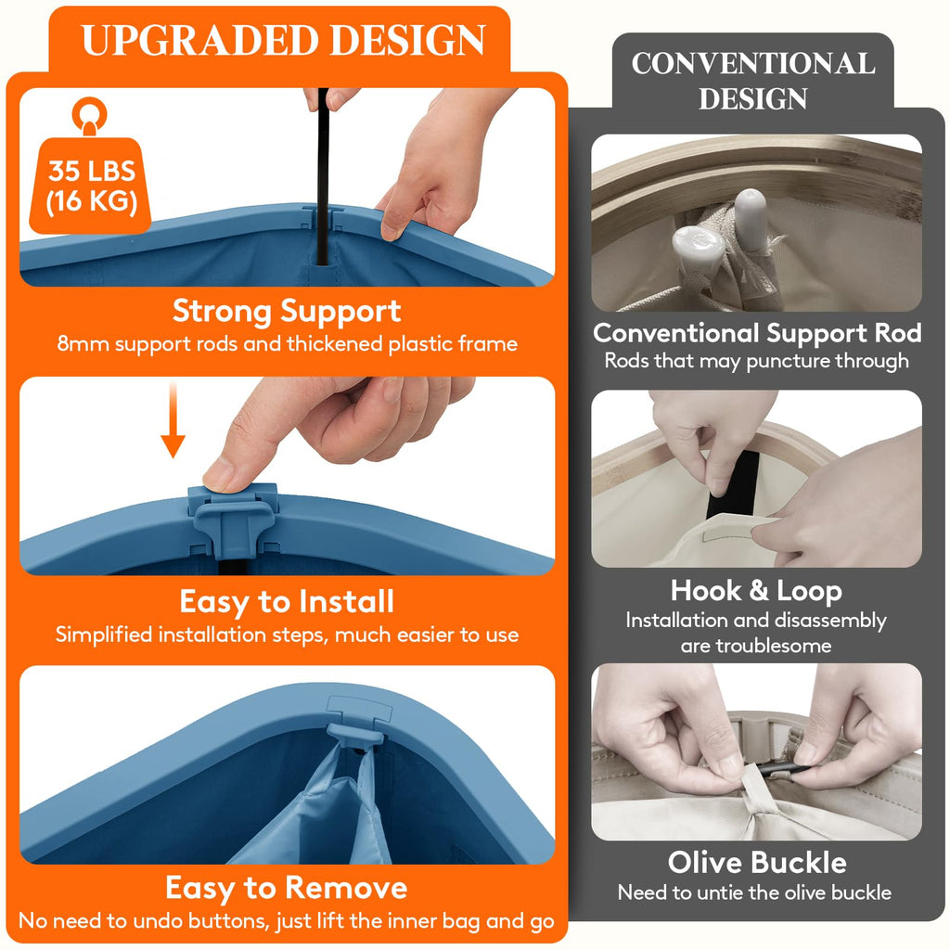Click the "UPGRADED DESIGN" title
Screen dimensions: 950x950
click(x=284, y=40)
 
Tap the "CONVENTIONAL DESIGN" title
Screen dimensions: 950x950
click(x=753, y=81)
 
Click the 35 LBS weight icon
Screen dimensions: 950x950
click(x=90, y=167)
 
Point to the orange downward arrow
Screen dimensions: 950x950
click(x=173, y=420)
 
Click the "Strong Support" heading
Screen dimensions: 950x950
click(x=287, y=312)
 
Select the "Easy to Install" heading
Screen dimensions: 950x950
click(x=287, y=601)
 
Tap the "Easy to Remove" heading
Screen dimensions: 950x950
click(x=287, y=888)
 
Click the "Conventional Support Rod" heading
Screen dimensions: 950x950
click(x=757, y=333)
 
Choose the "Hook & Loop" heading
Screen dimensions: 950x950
click(x=756, y=591)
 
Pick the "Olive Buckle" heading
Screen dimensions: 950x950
click(x=757, y=862)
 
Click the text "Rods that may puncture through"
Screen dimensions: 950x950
click(x=757, y=361)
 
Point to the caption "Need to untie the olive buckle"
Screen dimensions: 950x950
click(x=754, y=892)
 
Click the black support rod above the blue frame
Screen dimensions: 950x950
click(x=323, y=175)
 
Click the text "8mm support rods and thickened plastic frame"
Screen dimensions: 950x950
click(x=287, y=344)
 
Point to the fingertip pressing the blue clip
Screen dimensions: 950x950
click(x=218, y=477)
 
